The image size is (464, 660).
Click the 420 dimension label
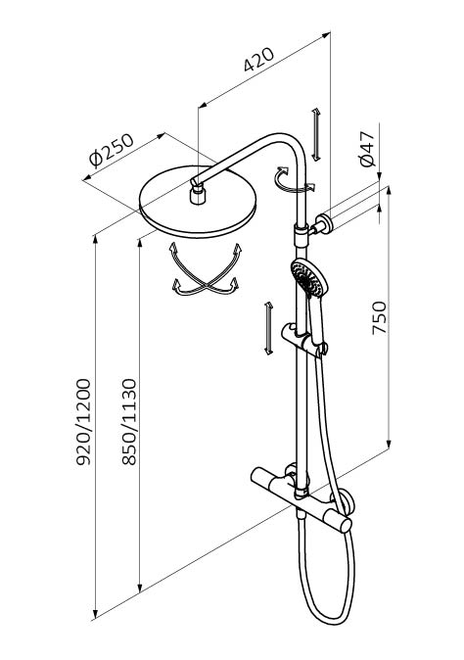[x=258, y=60]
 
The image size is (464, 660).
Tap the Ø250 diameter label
[x=112, y=150]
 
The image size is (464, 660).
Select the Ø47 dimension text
[x=366, y=149]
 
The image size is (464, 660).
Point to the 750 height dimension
[x=380, y=317]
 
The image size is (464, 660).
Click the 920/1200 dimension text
[x=83, y=422]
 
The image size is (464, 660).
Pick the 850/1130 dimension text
[x=129, y=422]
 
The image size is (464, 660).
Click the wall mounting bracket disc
[x=325, y=223]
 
